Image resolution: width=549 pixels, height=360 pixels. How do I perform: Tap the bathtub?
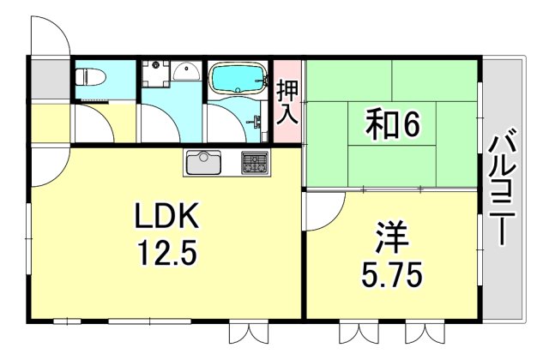[x=238, y=81]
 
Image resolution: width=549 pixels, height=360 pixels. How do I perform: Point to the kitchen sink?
[x=203, y=161]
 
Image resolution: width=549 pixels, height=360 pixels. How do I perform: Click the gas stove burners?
[x=254, y=161]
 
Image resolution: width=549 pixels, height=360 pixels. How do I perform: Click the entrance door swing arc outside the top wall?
[x=52, y=34]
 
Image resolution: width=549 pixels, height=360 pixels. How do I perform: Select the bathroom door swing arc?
[x=225, y=124]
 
